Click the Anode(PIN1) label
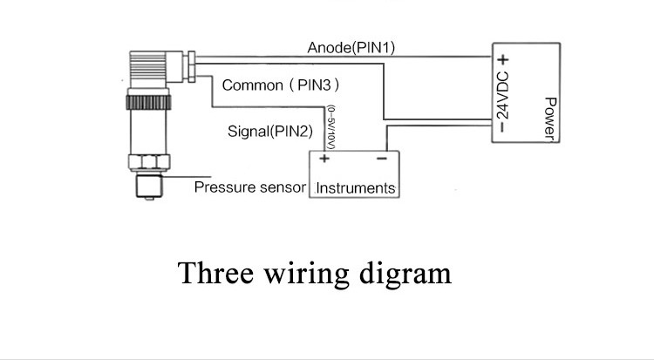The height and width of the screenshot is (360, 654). click(x=351, y=47)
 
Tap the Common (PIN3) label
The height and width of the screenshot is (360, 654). click(x=280, y=85)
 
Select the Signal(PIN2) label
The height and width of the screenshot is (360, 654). click(x=269, y=132)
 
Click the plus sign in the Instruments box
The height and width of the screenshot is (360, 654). click(x=324, y=159)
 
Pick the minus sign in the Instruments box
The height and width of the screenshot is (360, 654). click(x=381, y=159)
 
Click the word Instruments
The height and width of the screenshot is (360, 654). click(x=355, y=187)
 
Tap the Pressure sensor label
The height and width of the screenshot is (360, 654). click(x=249, y=187)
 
